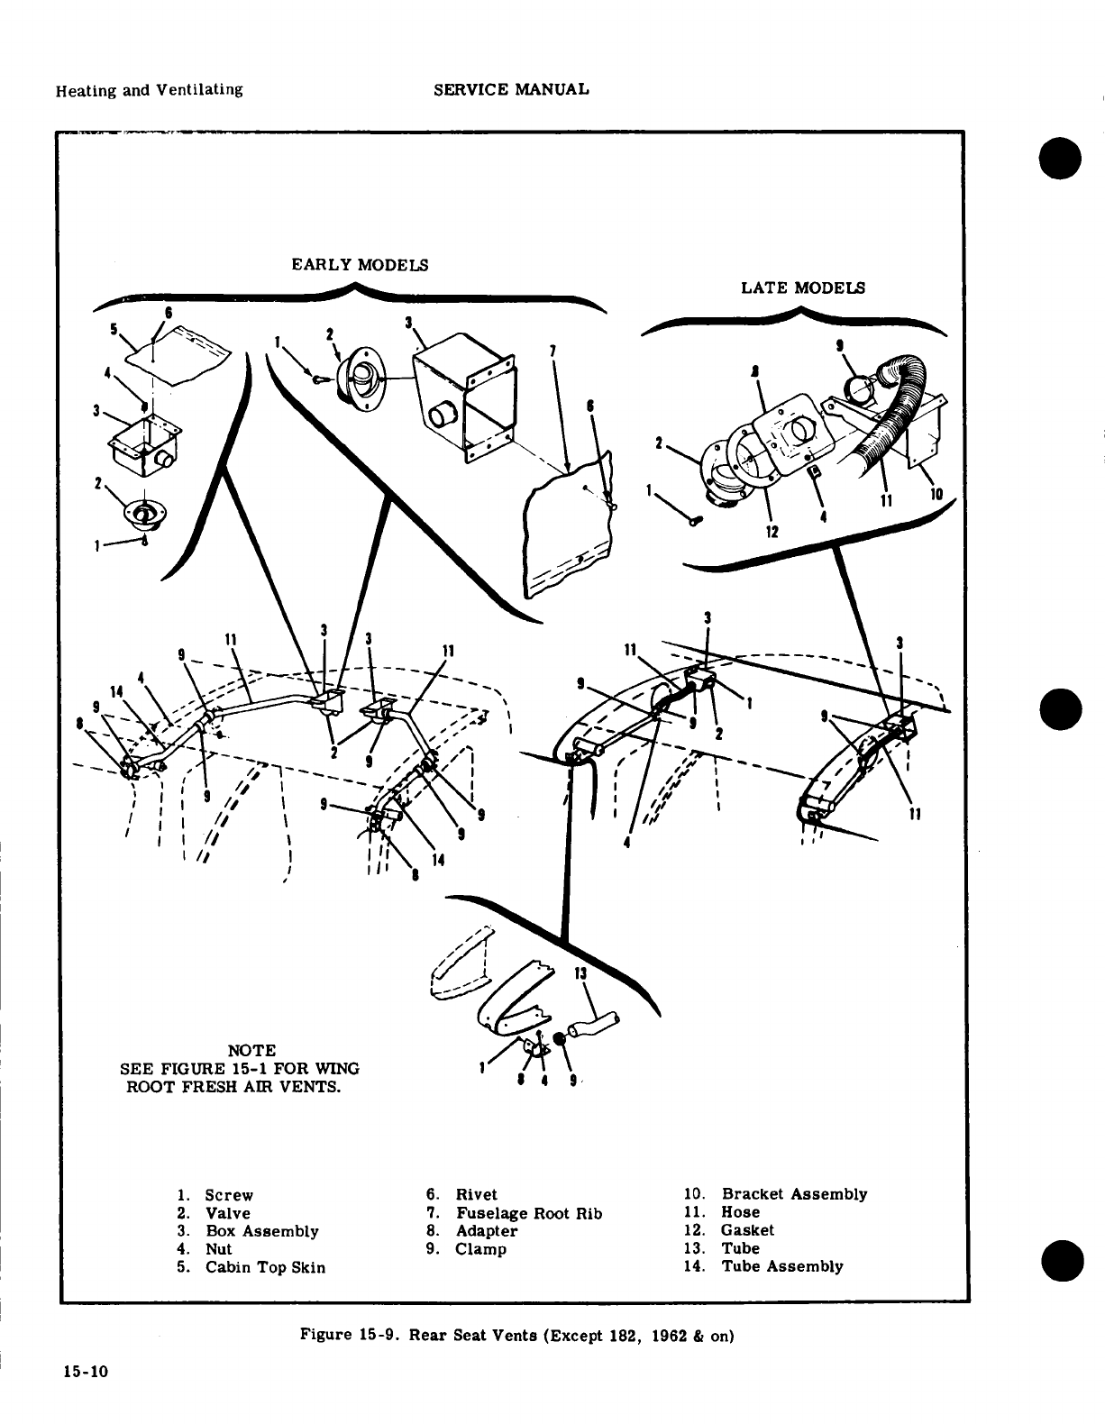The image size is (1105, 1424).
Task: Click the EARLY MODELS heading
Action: tap(360, 265)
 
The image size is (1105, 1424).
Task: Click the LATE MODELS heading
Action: tap(802, 288)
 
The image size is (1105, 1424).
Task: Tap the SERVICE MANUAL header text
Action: tap(511, 89)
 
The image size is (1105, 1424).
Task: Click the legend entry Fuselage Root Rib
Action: tap(528, 1213)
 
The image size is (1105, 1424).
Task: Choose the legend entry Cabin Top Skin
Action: tap(265, 1267)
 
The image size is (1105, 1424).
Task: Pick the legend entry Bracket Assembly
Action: tap(793, 1194)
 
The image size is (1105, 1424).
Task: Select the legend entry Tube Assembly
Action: tap(781, 1266)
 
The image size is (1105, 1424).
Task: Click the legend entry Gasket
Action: tap(746, 1230)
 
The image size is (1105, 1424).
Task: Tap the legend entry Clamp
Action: tap(480, 1249)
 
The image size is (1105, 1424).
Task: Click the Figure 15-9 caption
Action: tap(517, 1336)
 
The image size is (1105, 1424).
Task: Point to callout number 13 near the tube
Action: tap(580, 972)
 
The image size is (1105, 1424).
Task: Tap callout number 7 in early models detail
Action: tap(552, 350)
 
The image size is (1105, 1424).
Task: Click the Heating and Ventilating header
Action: tap(149, 89)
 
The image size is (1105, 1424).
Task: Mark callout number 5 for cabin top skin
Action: tap(114, 329)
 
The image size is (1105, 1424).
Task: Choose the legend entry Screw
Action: tap(229, 1195)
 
